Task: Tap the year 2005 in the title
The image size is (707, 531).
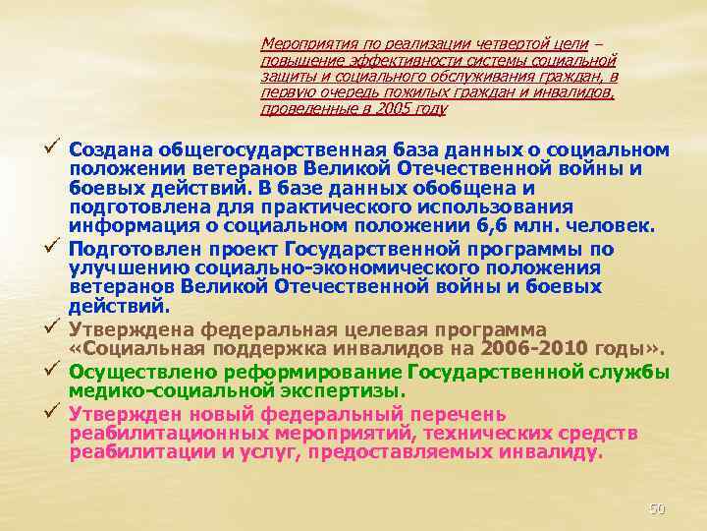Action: point(393,109)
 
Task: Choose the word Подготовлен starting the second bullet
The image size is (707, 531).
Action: point(133,250)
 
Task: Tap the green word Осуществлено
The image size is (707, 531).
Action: point(141,372)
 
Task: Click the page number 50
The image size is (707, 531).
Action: point(657,508)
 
